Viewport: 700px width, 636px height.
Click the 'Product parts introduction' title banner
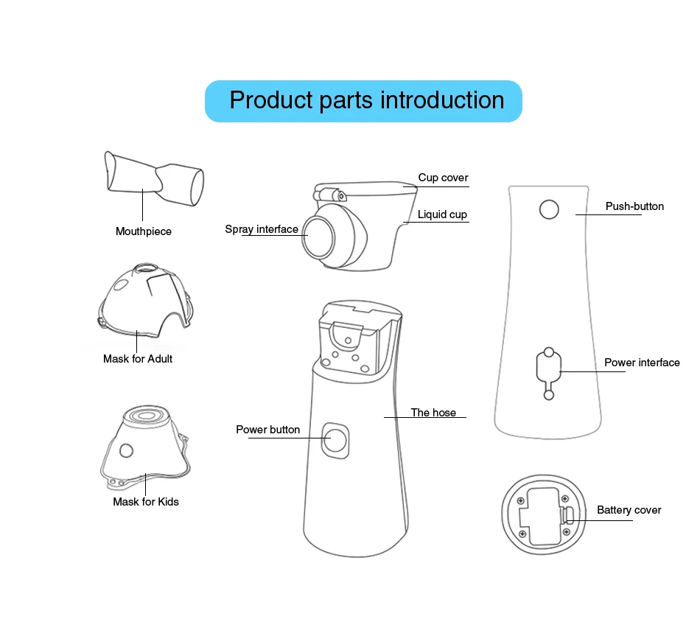363,101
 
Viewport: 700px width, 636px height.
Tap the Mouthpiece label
144,231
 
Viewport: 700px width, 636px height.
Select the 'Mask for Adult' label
138,359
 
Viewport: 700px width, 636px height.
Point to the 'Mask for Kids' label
146,502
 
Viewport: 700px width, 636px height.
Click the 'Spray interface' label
262,229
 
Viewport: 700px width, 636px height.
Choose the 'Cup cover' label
443,178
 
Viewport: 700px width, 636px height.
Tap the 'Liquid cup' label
442,214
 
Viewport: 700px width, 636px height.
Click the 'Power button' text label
267,430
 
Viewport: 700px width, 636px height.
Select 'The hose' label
433,413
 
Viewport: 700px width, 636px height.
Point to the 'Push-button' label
634,206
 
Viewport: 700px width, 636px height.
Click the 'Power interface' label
642,363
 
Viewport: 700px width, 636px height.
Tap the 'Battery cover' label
629,510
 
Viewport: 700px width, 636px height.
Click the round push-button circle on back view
549,210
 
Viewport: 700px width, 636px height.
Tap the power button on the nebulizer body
335,441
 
